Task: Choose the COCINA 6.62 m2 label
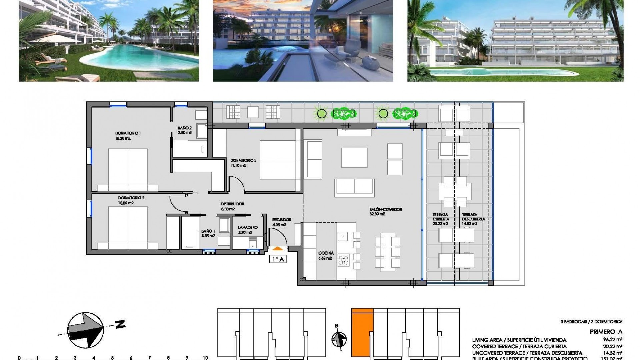pos(326,255)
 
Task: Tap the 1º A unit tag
pos(278,259)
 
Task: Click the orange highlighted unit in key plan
pos(362,333)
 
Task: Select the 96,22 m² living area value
pos(614,340)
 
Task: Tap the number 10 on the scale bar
pos(205,358)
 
